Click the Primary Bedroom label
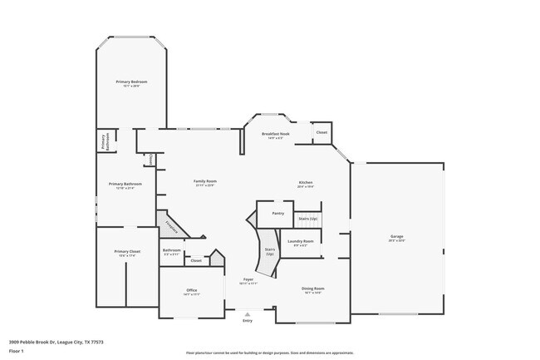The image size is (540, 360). [132, 81]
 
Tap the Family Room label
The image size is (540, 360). [204, 181]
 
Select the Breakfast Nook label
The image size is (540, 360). [275, 134]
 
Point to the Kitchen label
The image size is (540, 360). [306, 183]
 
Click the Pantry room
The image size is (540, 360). [277, 214]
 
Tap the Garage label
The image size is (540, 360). [397, 237]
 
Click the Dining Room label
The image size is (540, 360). [312, 289]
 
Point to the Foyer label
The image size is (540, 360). [248, 280]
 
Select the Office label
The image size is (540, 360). [192, 290]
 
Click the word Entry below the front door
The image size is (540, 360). [247, 320]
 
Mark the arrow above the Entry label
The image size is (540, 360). [247, 312]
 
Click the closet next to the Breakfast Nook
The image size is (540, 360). [322, 132]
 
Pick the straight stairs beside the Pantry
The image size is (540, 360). [308, 219]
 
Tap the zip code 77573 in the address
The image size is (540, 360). [97, 342]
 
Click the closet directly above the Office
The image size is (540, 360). [196, 260]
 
